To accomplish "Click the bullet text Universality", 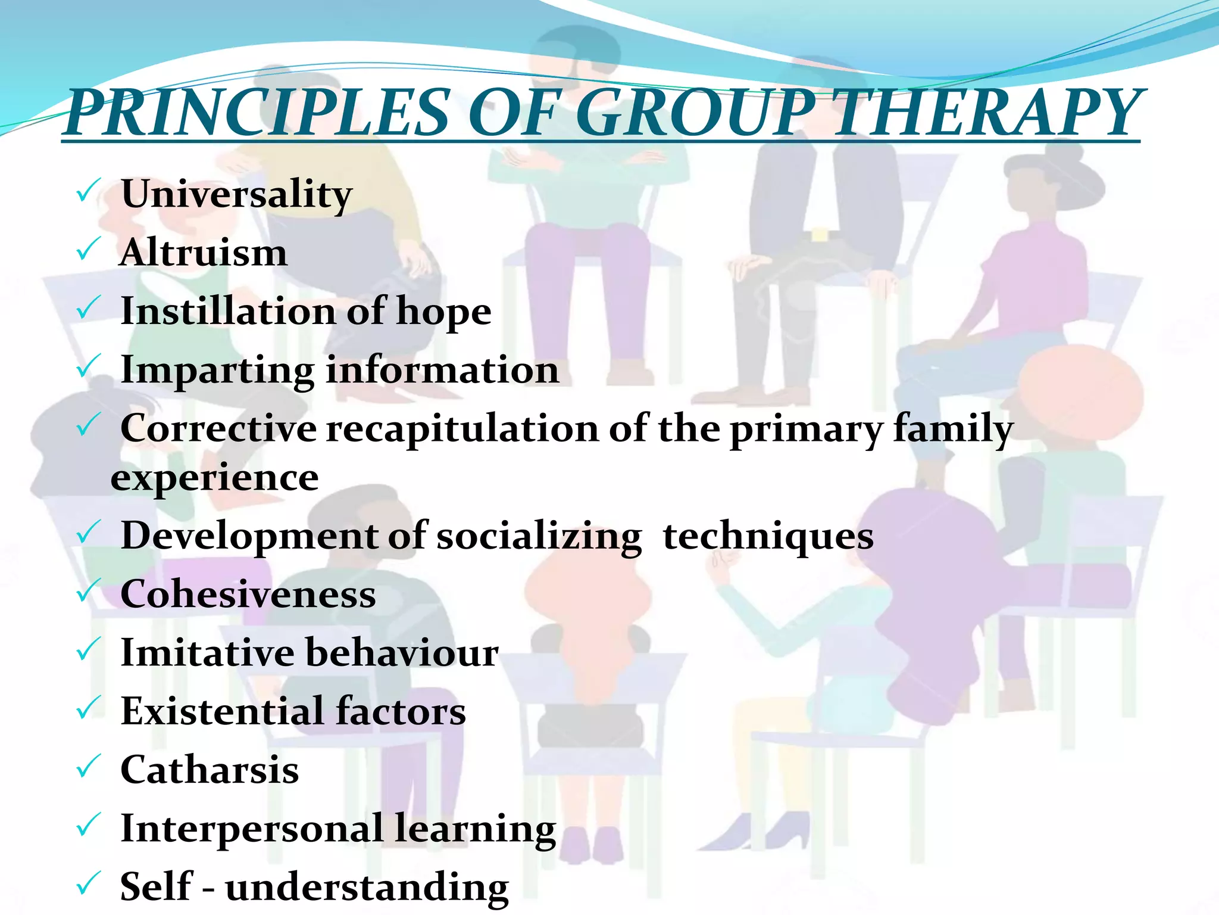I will click(x=236, y=194).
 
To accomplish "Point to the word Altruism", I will click(x=204, y=253).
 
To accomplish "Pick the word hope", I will click(x=443, y=312).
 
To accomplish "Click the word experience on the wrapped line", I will click(x=215, y=478).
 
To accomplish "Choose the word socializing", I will click(x=539, y=536).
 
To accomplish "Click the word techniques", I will click(x=768, y=536).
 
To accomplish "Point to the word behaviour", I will click(x=402, y=652).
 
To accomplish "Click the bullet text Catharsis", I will click(x=210, y=770).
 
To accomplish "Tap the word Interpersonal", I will click(x=252, y=829).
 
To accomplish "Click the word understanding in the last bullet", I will click(x=367, y=887).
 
